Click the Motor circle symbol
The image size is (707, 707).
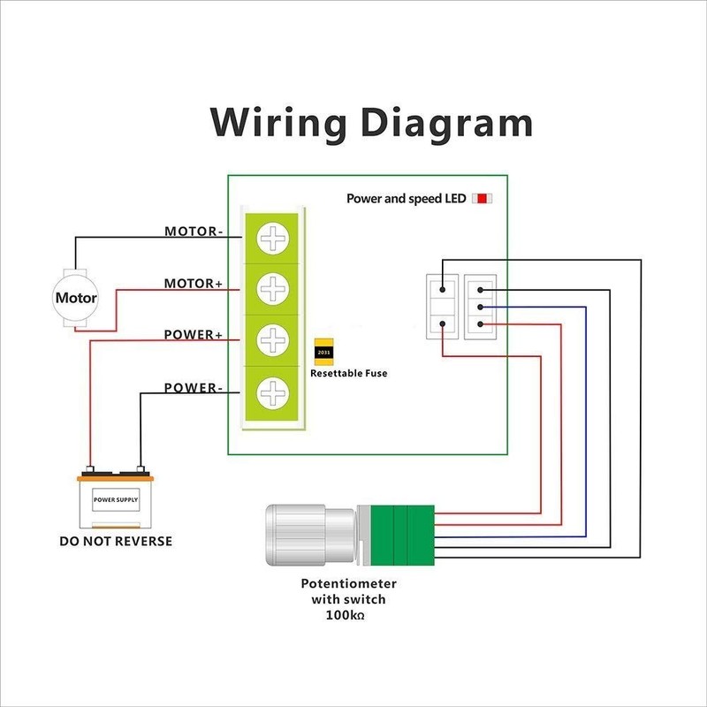pyautogui.click(x=76, y=298)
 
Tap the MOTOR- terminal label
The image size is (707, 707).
pyautogui.click(x=194, y=232)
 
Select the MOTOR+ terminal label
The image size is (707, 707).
pyautogui.click(x=194, y=285)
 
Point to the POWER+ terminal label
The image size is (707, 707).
pyautogui.click(x=194, y=336)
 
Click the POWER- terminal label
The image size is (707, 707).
pyautogui.click(x=194, y=387)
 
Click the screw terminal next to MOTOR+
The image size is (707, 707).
pyautogui.click(x=273, y=288)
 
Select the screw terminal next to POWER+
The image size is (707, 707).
pyautogui.click(x=273, y=339)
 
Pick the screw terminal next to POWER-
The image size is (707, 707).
pyautogui.click(x=273, y=391)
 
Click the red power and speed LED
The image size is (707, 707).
pyautogui.click(x=483, y=199)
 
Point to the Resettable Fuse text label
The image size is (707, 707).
pyautogui.click(x=348, y=374)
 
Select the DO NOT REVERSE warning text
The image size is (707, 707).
pyautogui.click(x=115, y=540)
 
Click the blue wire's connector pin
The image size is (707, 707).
pyautogui.click(x=478, y=307)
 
